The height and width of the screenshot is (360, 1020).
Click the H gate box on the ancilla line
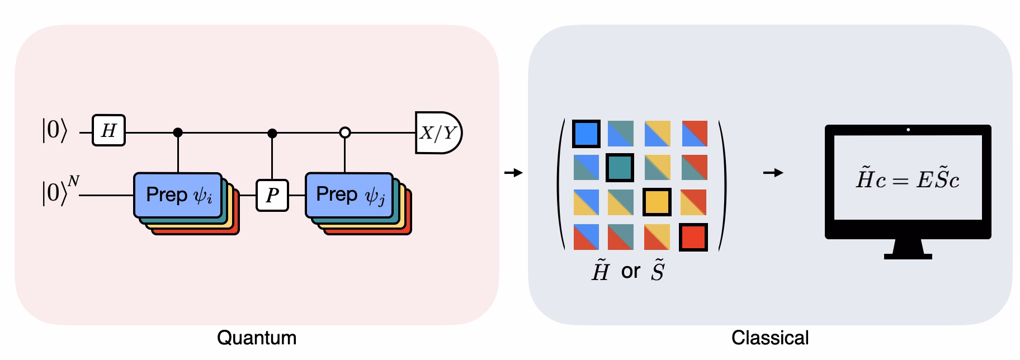pos(108,131)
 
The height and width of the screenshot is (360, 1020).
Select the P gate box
pos(272,195)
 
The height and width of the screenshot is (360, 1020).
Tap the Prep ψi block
pos(178,195)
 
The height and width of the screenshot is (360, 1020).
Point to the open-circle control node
pos(345,133)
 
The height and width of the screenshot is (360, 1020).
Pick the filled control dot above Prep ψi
pos(178,133)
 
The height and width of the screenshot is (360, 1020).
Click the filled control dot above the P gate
pos(272,133)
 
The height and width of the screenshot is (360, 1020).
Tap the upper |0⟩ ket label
pos(54,132)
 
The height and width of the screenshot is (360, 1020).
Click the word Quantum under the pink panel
pos(257,338)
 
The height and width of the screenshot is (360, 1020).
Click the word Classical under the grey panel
pos(770,338)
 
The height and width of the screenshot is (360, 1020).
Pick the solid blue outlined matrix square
pos(587,134)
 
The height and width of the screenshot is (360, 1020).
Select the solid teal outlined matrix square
pos(620,168)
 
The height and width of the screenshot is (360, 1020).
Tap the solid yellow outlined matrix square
pos(656,202)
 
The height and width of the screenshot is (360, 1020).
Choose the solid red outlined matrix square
pos(693,237)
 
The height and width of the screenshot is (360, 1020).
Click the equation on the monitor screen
pos(908,179)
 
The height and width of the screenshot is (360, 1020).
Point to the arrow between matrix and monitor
pos(773,173)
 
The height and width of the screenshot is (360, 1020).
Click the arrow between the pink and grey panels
pos(513,173)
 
